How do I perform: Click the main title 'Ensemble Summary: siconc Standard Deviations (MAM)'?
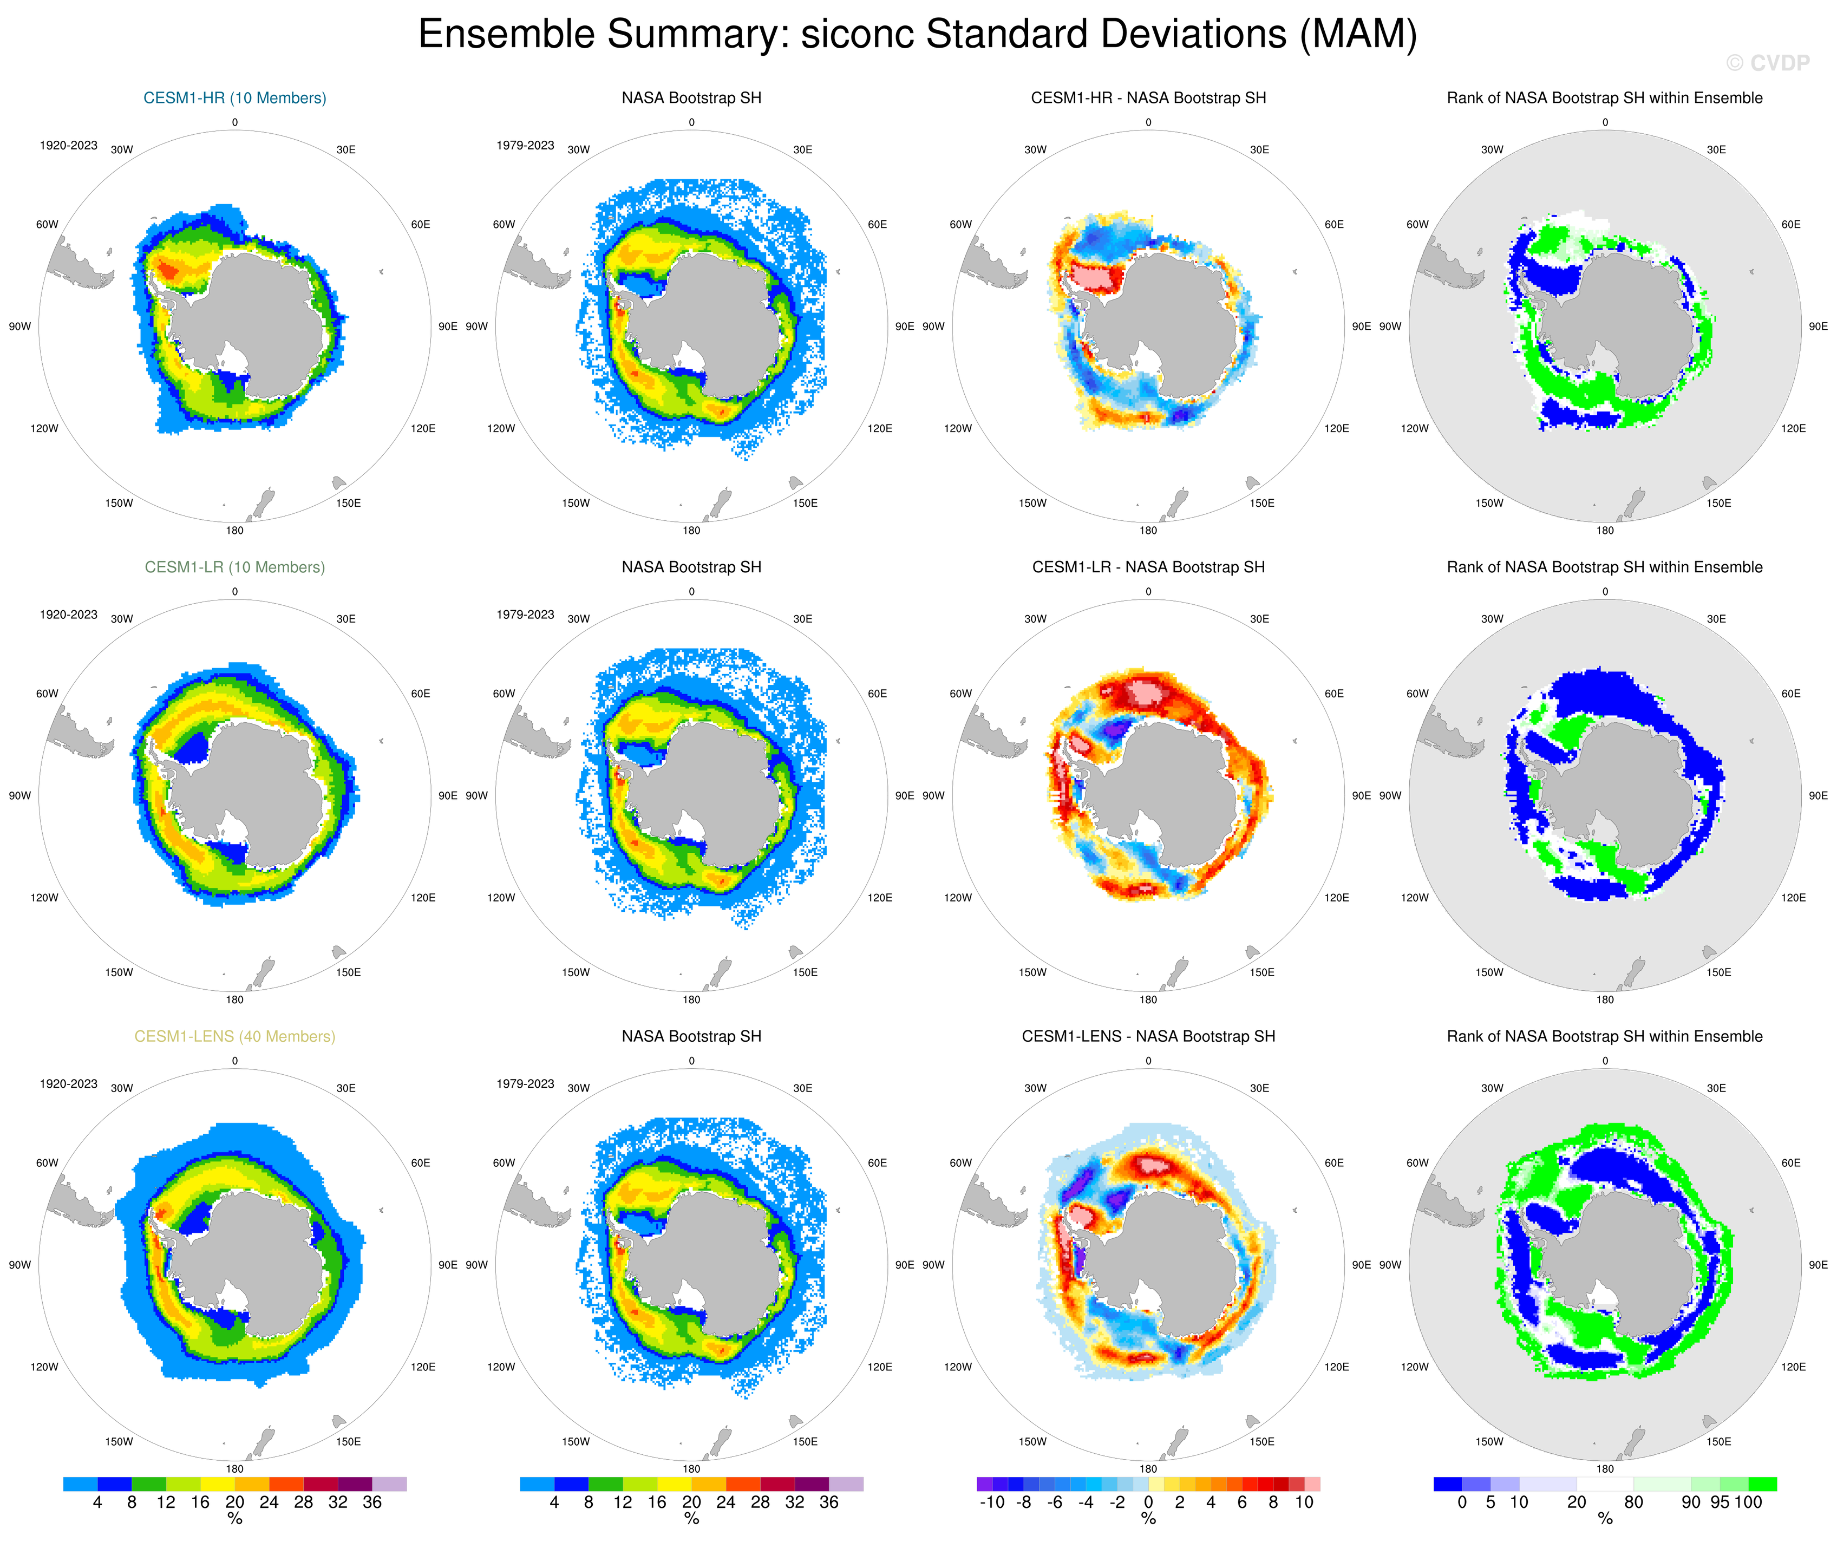pos(918,35)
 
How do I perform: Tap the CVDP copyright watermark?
pos(1767,63)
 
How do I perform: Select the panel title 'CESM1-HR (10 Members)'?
pos(234,98)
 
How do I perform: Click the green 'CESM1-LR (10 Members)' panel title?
pos(234,567)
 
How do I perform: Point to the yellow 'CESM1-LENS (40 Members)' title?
pos(234,1036)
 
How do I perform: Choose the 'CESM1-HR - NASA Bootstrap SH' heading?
pos(1148,98)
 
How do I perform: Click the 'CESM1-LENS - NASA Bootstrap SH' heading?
pos(1148,1036)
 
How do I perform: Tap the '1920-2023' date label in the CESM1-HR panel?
pos(68,145)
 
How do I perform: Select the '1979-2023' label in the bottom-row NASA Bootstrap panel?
pos(525,1084)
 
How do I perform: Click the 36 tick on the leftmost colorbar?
pos(372,1502)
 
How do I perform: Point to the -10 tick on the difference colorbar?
pos(992,1502)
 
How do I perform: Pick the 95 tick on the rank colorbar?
pos(1720,1502)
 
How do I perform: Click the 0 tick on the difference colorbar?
pos(1148,1502)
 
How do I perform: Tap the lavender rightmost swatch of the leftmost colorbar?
pos(389,1484)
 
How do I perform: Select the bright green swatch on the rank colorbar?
pos(1762,1484)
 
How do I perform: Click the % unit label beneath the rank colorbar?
pos(1604,1518)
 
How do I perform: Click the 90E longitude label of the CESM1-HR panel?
pos(447,326)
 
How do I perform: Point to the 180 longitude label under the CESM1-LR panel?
pos(234,999)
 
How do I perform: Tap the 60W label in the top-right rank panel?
pos(1417,225)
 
